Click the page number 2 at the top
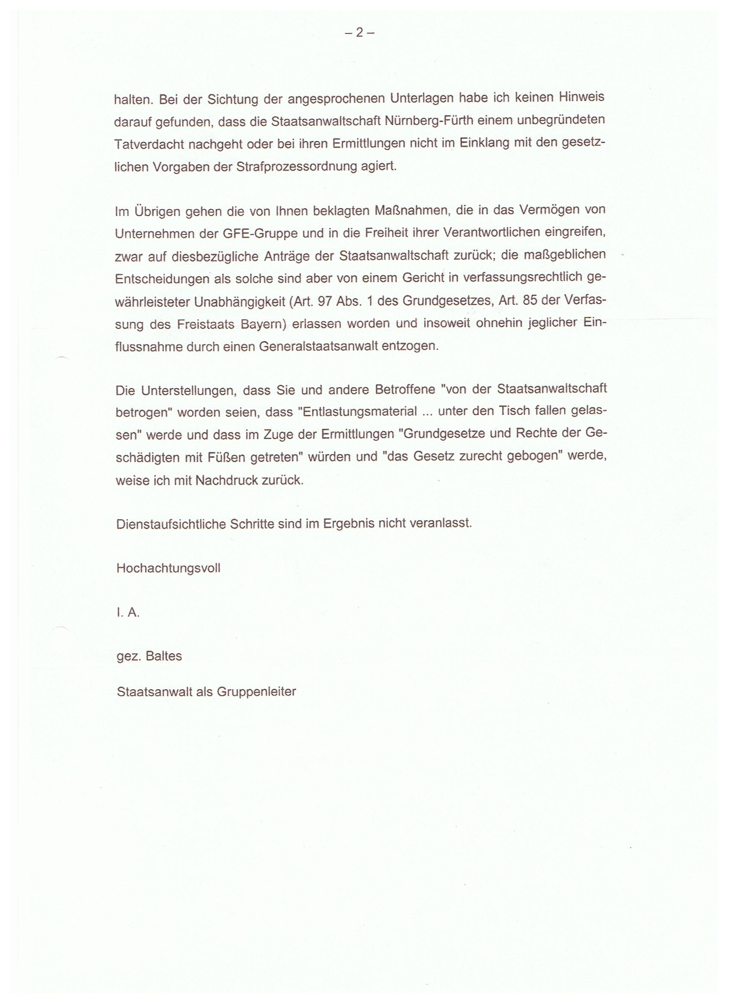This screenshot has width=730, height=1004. coord(359,32)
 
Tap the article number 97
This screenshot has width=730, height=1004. coord(325,301)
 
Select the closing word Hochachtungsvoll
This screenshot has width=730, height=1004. coord(168,569)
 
